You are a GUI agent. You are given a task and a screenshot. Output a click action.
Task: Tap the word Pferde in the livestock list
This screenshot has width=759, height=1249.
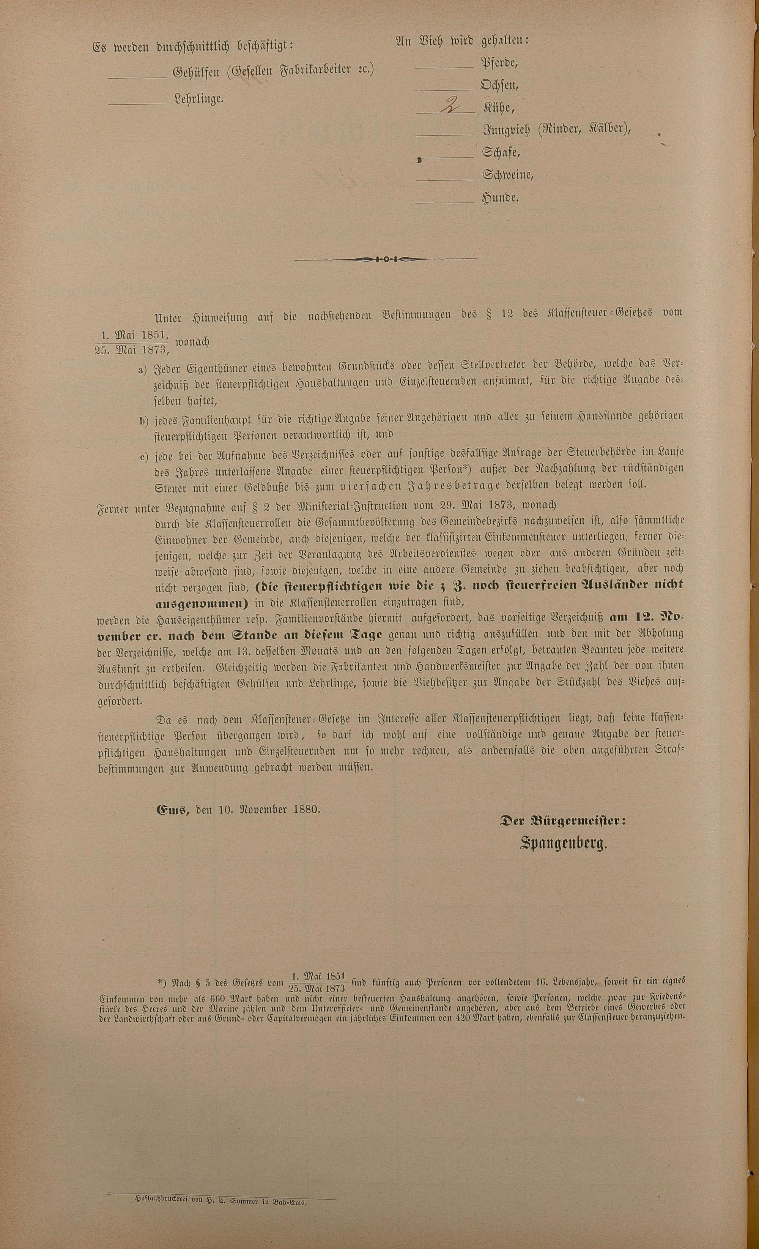tap(499, 63)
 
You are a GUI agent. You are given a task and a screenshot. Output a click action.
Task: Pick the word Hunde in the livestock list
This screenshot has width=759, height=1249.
tap(501, 198)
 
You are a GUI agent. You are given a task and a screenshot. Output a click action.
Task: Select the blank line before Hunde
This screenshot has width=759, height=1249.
tap(444, 203)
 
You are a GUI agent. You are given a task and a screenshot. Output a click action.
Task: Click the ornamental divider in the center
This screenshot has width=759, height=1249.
tap(385, 259)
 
